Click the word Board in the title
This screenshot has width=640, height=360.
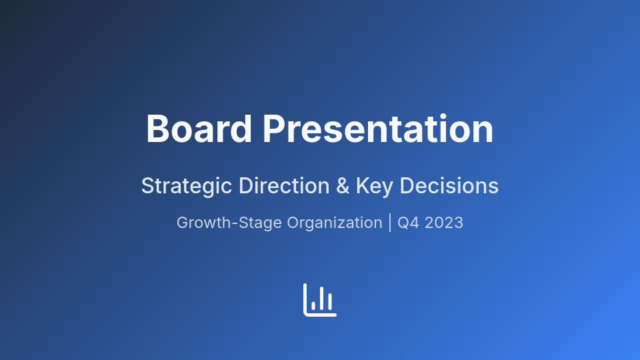click(x=199, y=129)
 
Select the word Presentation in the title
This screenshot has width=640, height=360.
click(x=378, y=129)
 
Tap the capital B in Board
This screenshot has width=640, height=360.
click(x=158, y=129)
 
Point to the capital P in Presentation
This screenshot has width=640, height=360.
click(x=274, y=129)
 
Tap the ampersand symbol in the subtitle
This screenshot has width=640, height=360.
click(x=343, y=186)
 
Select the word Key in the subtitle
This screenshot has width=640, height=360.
click(x=375, y=186)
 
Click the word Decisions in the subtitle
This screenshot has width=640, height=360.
click(x=449, y=186)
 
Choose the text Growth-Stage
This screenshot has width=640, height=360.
click(x=229, y=223)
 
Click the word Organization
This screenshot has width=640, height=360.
click(x=335, y=223)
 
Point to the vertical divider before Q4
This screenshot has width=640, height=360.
click(x=390, y=223)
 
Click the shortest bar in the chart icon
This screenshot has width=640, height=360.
click(x=313, y=306)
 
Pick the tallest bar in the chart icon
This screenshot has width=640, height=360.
click(x=321, y=299)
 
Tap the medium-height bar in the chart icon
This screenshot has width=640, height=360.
click(x=330, y=302)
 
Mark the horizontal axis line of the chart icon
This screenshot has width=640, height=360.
click(x=321, y=315)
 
